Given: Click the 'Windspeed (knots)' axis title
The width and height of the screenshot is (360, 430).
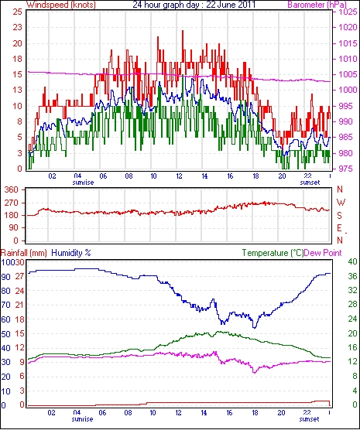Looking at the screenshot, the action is pos(61,5).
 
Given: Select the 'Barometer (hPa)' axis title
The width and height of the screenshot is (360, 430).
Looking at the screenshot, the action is pos(317,5).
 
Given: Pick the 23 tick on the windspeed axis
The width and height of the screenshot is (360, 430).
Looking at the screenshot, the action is pos(17,28).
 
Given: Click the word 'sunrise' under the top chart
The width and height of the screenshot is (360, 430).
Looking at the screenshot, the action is pos(83,183).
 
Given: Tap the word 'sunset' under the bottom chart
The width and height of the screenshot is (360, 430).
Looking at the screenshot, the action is pos(309,419).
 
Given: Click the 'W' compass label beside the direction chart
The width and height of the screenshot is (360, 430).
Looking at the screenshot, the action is pos(341,203).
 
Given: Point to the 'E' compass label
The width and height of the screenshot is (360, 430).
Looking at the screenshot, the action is pos(339,228).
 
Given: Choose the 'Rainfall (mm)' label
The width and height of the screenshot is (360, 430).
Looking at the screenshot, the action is pos(24,253).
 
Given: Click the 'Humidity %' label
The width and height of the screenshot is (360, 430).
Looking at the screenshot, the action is pos(71,253).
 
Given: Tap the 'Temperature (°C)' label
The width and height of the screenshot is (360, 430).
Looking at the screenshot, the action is pos(273,253).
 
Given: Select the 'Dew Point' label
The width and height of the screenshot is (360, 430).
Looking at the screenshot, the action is pos(323,253).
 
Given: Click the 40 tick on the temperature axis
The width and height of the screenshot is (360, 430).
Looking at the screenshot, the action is pos(352,261).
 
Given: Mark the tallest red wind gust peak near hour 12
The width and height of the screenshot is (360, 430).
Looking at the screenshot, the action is pos(183,31).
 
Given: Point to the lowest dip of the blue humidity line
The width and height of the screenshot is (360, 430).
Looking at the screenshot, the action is pos(255,327).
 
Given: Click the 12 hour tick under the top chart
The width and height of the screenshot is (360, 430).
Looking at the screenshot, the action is pos(180,176).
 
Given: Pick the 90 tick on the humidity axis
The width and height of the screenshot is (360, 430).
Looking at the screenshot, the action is pos(5,277).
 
